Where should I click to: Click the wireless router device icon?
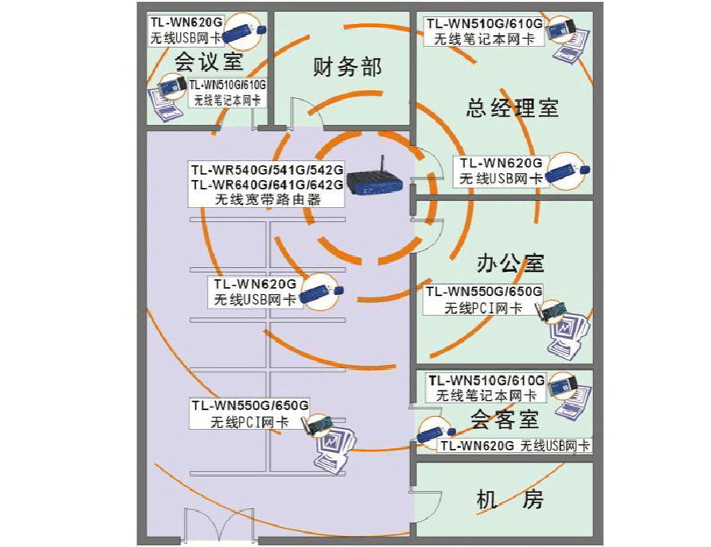point(377,185)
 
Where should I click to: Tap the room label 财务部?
point(346,66)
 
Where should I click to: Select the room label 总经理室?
point(512,108)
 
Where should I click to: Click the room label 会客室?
point(504,419)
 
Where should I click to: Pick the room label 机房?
point(510,500)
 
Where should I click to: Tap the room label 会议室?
point(208,61)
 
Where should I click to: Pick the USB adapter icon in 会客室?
point(434,432)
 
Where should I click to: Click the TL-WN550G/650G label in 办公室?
point(484,291)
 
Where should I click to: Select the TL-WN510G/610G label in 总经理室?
point(484,23)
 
